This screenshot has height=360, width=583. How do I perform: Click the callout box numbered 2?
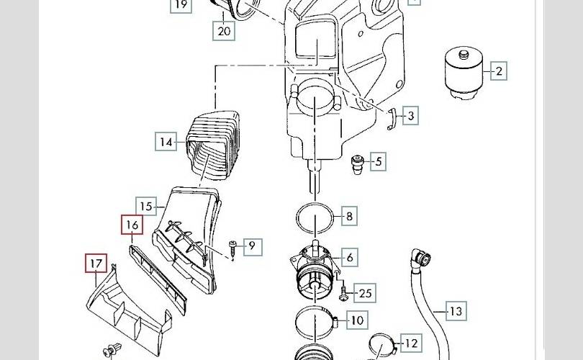[499, 71]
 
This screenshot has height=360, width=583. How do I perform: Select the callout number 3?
[410, 116]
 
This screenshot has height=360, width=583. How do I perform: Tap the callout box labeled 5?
[378, 161]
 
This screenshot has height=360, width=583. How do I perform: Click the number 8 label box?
[349, 216]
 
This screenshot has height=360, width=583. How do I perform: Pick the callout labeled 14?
[166, 142]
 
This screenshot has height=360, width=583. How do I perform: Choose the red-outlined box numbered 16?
[132, 225]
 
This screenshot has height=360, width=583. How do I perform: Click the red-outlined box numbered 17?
[96, 264]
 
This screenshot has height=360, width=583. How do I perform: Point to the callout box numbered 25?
[365, 293]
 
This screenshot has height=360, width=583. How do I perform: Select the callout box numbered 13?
[456, 311]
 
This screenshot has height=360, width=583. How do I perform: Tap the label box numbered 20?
[224, 31]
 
